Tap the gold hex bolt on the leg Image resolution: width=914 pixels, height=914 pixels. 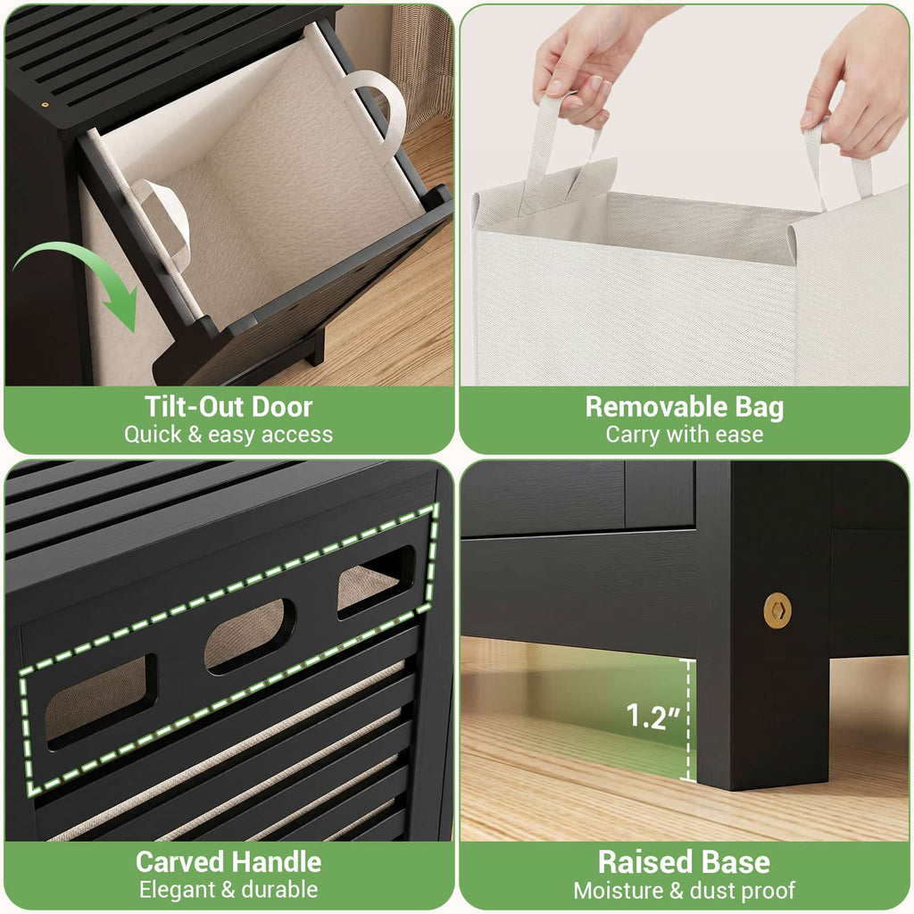(777, 611)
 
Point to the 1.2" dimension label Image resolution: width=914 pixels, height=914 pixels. (652, 717)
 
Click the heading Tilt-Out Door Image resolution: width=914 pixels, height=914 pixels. (228, 406)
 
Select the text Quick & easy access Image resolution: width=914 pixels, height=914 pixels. (228, 435)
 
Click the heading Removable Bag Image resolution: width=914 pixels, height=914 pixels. (685, 407)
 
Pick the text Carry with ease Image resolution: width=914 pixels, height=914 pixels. (685, 435)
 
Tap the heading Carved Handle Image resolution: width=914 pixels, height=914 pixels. (228, 861)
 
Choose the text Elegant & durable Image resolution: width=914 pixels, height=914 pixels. (228, 890)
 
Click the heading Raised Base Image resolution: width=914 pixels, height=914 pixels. (685, 861)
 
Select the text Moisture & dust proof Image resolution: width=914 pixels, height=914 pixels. (685, 890)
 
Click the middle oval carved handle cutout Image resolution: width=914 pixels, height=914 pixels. (250, 636)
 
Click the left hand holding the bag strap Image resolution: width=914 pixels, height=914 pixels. (586, 67)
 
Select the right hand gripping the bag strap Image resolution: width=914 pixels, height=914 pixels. (854, 85)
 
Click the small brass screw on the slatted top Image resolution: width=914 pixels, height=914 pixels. (45, 105)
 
